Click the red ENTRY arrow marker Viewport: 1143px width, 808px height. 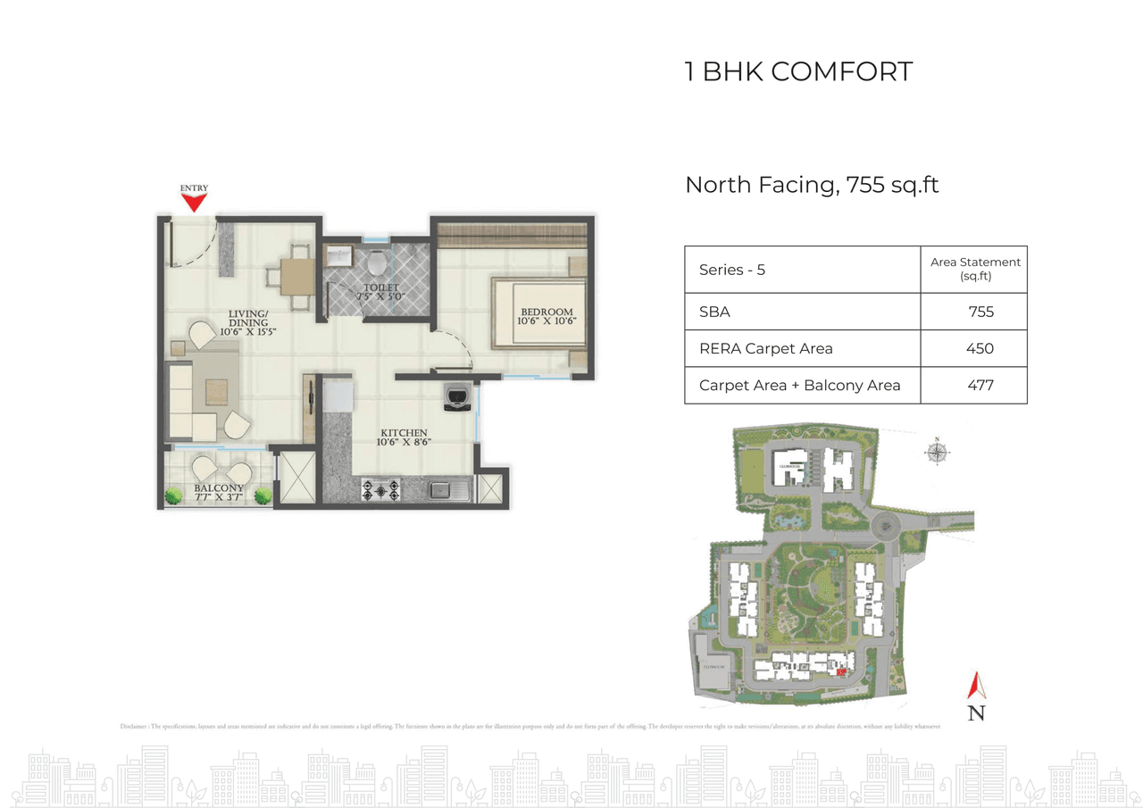point(194,203)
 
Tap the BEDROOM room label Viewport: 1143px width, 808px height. point(547,317)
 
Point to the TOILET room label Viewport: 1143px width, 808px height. point(381,291)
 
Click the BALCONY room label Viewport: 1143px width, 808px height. point(219,493)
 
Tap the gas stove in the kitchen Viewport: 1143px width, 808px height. point(381,489)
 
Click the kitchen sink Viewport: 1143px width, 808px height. point(441,489)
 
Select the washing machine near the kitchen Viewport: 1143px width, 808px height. point(458,396)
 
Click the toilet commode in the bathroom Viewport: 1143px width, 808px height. point(377,262)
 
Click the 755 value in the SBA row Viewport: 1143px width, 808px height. point(980,312)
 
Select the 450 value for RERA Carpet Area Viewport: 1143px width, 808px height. point(980,348)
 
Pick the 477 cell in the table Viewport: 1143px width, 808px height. point(980,386)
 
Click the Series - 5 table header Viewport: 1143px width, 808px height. point(732,270)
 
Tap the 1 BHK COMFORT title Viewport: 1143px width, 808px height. point(798,71)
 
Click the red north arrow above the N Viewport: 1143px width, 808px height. point(977,685)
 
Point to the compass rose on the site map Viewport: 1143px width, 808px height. point(937,452)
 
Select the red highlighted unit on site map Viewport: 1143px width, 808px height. point(839,670)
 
